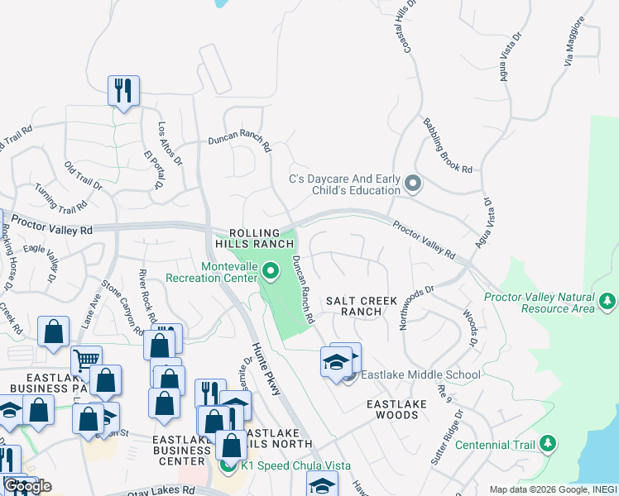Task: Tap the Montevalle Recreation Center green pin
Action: (270, 270)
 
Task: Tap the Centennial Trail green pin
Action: (547, 445)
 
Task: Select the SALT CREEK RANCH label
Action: (361, 306)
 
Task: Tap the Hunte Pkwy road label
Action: (267, 362)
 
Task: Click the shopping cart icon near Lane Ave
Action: (86, 360)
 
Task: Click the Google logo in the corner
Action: (28, 486)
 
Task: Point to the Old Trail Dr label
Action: (83, 175)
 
